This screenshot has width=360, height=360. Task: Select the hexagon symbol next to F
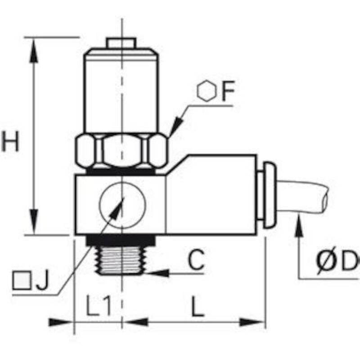pyautogui.click(x=207, y=90)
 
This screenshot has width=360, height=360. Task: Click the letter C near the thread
pyautogui.click(x=196, y=259)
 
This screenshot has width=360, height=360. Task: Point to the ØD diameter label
pyautogui.click(x=337, y=261)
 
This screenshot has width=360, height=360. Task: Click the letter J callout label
pyautogui.click(x=43, y=279)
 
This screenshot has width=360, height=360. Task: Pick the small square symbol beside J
pyautogui.click(x=22, y=280)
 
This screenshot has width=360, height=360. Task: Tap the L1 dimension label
pyautogui.click(x=99, y=306)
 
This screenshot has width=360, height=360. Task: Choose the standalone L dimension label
pyautogui.click(x=198, y=306)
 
